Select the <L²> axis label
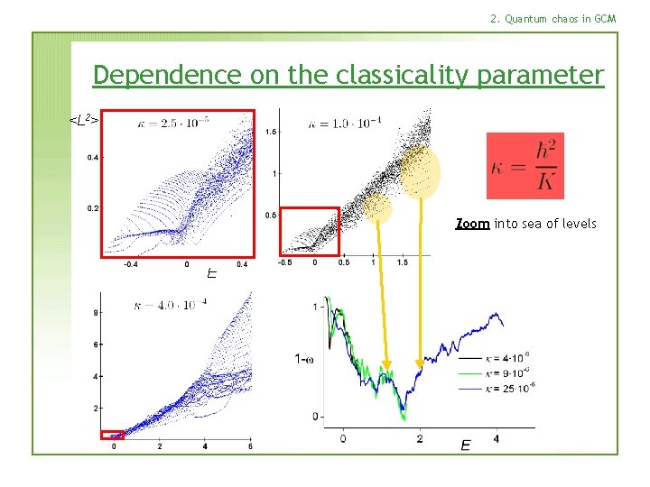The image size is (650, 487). (84, 118)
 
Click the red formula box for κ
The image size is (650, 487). (525, 166)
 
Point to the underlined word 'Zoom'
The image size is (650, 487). (472, 223)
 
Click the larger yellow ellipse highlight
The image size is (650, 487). (420, 172)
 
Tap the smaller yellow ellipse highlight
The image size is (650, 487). (379, 208)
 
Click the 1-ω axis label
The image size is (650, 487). (304, 359)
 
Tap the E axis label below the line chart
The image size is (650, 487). (465, 446)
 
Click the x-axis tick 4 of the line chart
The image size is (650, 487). (497, 438)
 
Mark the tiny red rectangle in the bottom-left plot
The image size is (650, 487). (113, 435)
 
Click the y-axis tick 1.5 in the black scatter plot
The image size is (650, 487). (270, 133)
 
